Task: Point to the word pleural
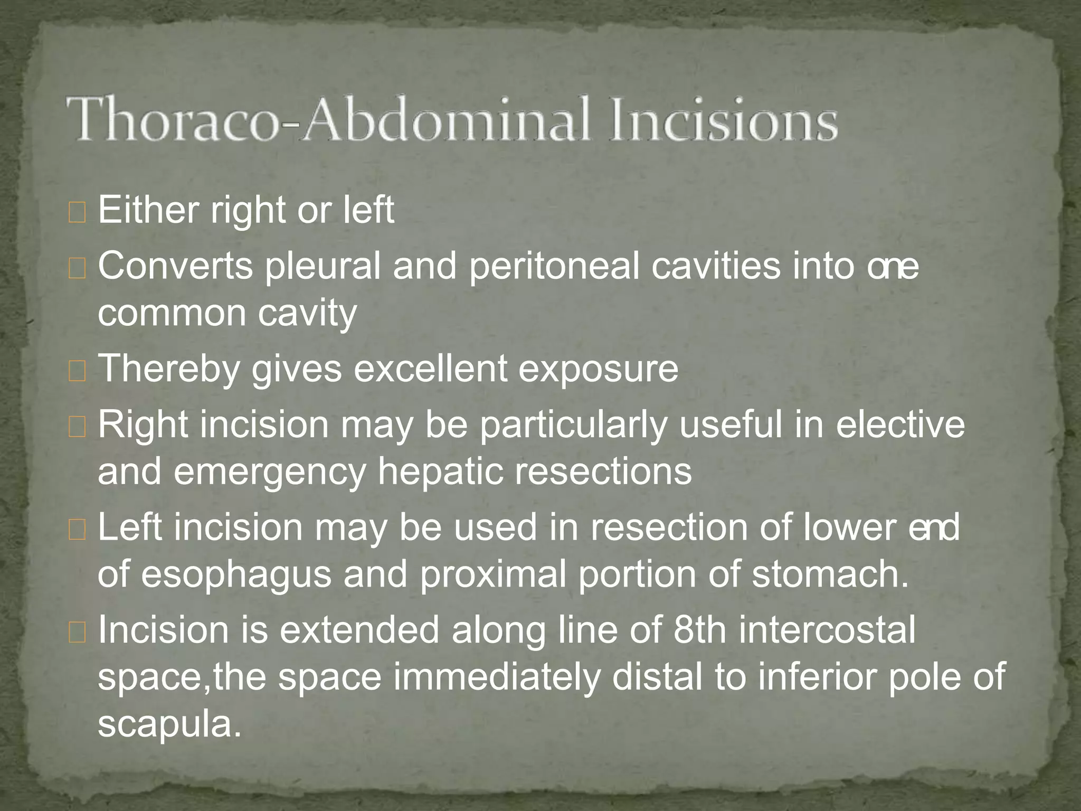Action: tap(323, 267)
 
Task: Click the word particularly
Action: tap(573, 426)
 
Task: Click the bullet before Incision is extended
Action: tap(77, 633)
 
